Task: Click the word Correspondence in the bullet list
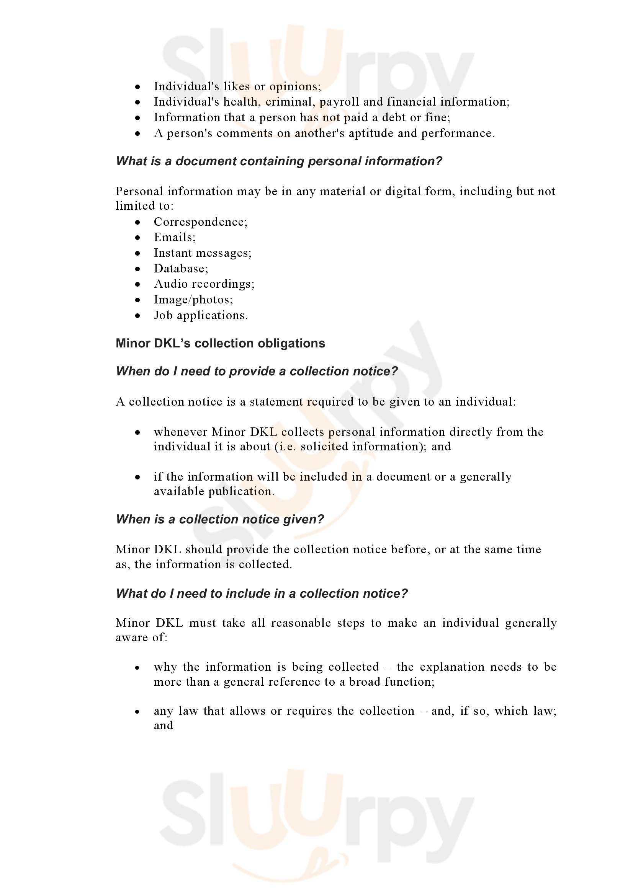click(200, 222)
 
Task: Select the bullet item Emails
click(174, 237)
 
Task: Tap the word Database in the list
click(181, 269)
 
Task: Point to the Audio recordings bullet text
click(204, 284)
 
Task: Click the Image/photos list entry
click(193, 299)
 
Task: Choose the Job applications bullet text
click(201, 315)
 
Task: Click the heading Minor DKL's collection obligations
click(220, 343)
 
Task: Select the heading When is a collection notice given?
click(220, 519)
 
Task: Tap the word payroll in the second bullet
click(339, 102)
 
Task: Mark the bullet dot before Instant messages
click(138, 253)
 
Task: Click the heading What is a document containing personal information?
click(279, 161)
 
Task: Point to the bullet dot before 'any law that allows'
click(138, 712)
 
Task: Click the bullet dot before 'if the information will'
click(138, 477)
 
